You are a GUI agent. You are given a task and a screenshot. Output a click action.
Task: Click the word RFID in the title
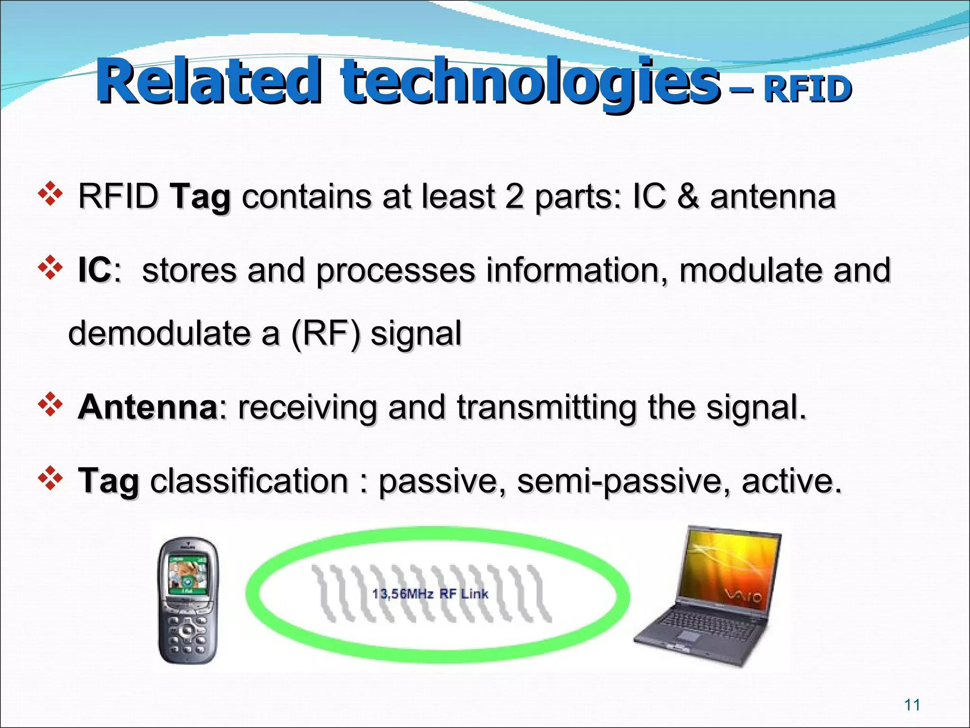(807, 90)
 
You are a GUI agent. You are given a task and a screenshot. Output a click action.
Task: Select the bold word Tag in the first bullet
(201, 197)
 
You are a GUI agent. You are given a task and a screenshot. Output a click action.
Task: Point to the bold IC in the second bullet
(95, 270)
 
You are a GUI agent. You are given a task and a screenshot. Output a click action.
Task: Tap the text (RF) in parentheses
(325, 333)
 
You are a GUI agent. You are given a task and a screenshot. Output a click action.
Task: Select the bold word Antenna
(147, 407)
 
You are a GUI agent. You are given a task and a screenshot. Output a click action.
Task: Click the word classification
(249, 481)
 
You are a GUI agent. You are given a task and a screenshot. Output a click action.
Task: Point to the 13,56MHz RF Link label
(430, 594)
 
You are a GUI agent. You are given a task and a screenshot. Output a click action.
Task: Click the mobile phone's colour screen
(189, 575)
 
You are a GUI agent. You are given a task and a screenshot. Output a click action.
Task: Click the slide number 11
(912, 705)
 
